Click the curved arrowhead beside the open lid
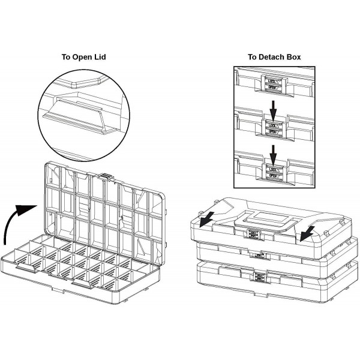26,209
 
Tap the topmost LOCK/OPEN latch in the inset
273,83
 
